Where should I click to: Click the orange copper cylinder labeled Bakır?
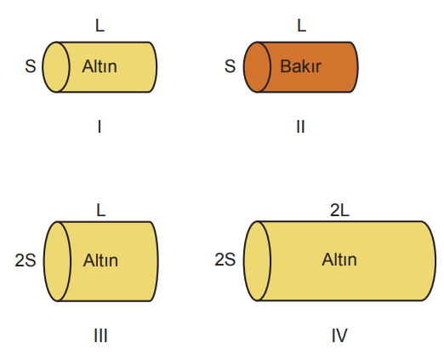301,67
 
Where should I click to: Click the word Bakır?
300,66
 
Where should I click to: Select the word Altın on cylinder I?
100,66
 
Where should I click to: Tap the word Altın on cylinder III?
100,260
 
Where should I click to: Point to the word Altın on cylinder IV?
339,260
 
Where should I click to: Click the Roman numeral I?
100,127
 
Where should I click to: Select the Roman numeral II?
300,127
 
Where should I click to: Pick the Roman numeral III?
100,336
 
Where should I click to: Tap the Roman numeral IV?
339,335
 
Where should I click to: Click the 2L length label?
339,210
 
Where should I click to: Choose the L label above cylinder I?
100,26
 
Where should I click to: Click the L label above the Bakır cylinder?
302,26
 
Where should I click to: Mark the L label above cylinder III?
101,210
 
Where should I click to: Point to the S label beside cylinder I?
31,66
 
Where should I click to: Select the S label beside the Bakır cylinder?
230,66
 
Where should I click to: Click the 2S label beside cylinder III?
26,260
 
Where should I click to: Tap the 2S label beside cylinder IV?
225,260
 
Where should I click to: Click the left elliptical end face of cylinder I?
56,67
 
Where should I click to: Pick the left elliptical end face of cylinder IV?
257,260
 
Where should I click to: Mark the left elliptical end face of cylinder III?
57,261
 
